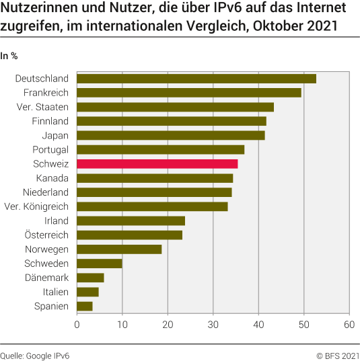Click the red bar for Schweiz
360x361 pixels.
(x=157, y=164)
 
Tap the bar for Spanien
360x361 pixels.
(x=85, y=306)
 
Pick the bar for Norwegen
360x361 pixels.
(x=119, y=249)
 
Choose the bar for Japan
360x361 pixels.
(x=171, y=135)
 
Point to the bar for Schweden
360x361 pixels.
(x=100, y=263)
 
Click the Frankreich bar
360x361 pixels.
(x=189, y=93)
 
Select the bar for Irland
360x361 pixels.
(x=131, y=220)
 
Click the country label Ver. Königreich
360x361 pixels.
(x=36, y=206)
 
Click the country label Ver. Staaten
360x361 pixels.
(x=42, y=107)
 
